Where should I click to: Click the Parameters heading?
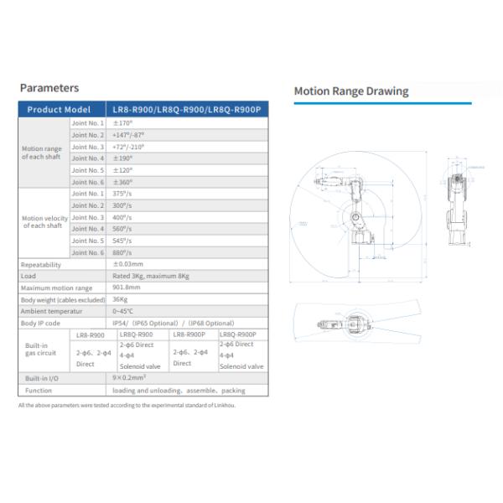click(x=49, y=88)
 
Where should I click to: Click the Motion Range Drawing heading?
click(x=350, y=91)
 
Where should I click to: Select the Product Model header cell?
click(x=59, y=110)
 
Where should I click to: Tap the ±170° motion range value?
click(x=124, y=123)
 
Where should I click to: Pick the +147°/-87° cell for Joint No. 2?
click(x=130, y=135)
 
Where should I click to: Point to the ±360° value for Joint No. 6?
click(x=124, y=182)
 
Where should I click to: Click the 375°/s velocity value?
click(x=124, y=194)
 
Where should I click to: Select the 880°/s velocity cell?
click(x=124, y=252)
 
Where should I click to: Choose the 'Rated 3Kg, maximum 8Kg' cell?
click(x=150, y=277)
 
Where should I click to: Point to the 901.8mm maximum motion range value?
click(x=127, y=288)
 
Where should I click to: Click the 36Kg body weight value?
click(x=120, y=299)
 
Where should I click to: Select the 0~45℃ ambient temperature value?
click(x=124, y=311)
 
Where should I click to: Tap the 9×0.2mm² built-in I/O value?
click(x=130, y=378)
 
